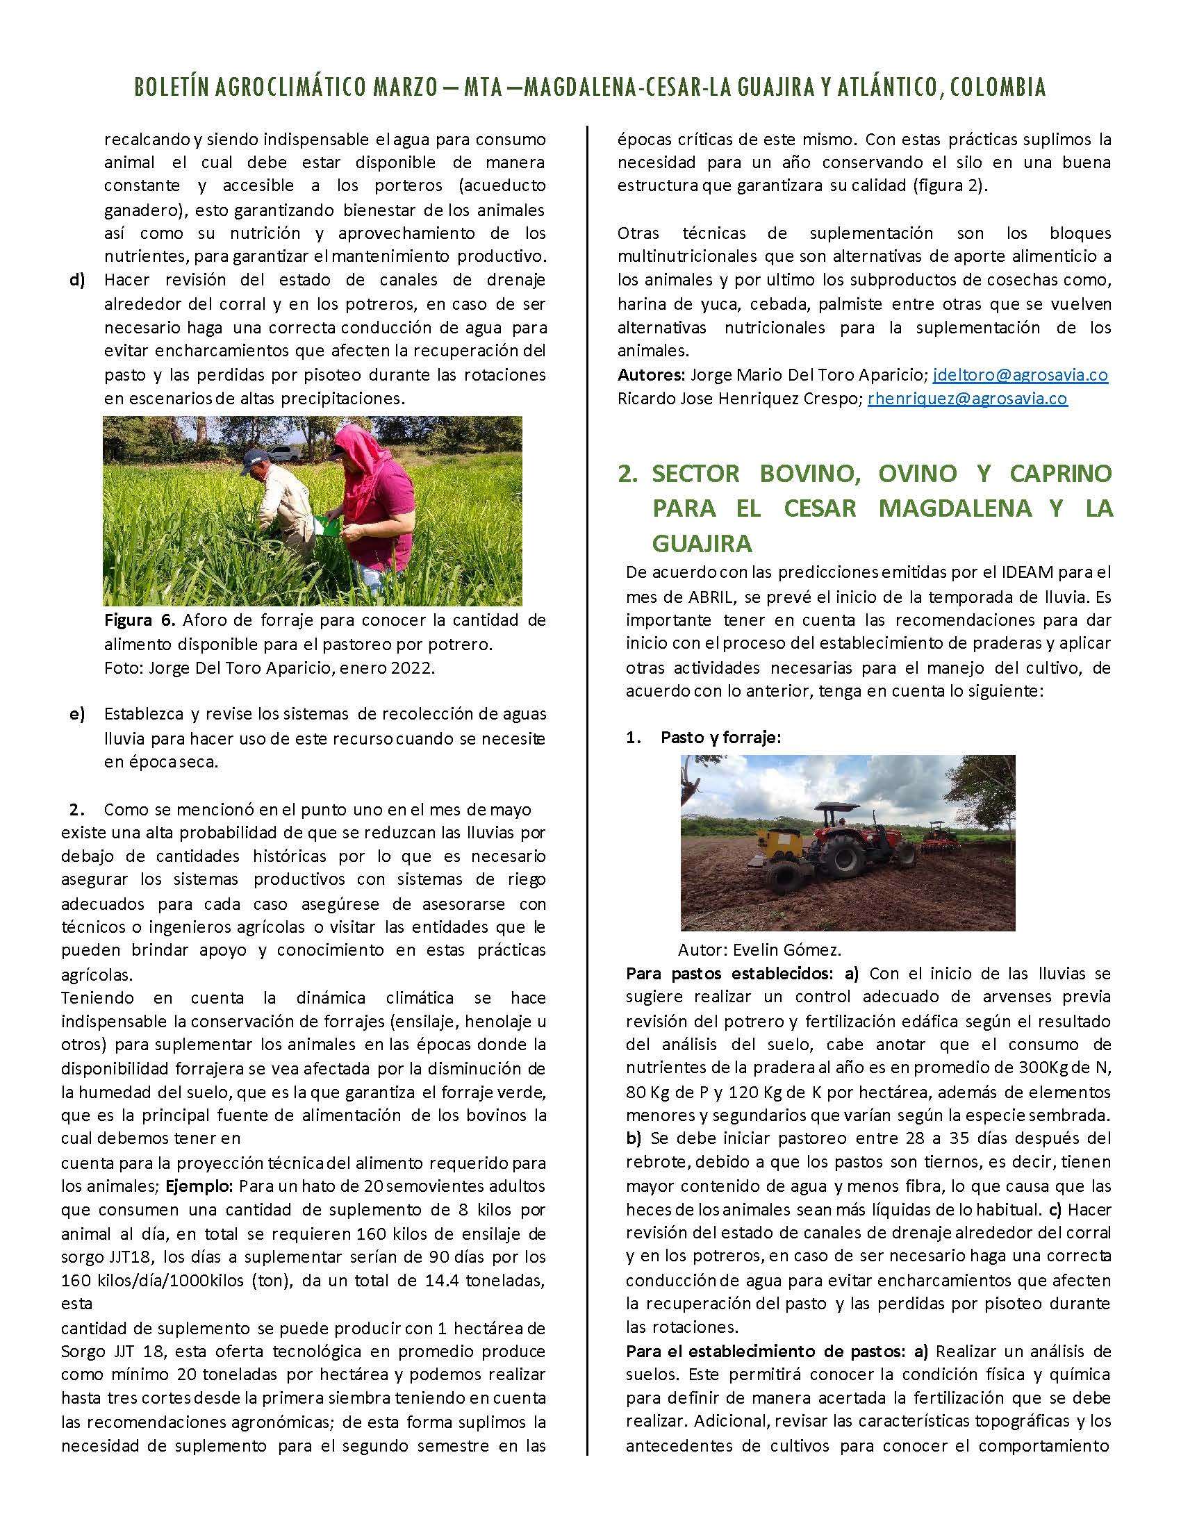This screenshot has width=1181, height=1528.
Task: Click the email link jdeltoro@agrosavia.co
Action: tap(1020, 375)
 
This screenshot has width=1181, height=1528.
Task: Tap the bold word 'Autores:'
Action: tap(650, 375)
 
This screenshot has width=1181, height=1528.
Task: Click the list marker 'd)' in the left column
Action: tap(77, 281)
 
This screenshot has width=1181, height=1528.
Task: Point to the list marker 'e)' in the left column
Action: tap(77, 714)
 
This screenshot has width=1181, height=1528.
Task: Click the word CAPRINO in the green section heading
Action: tap(1061, 473)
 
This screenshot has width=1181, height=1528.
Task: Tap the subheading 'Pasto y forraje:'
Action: tap(720, 738)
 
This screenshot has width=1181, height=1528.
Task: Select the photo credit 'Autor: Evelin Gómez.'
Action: tap(759, 949)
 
